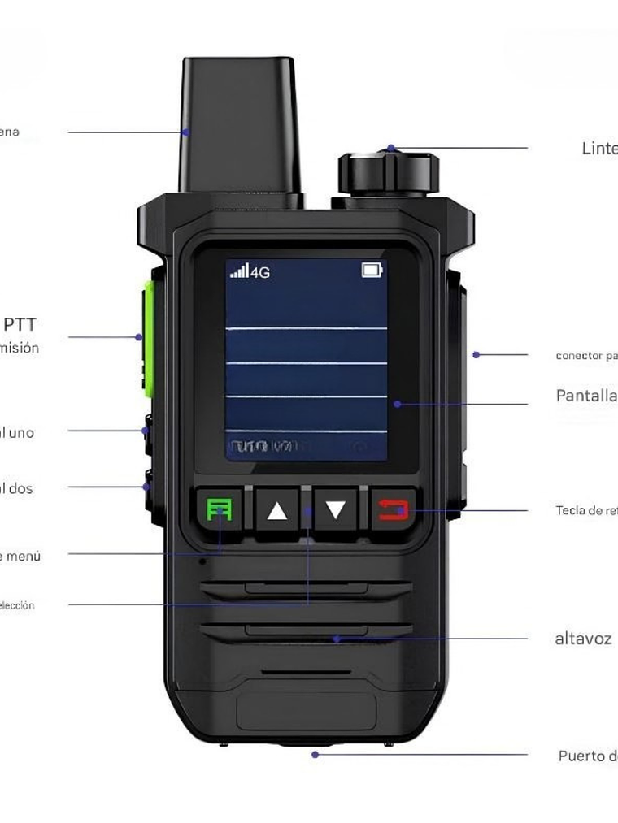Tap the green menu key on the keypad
(219, 511)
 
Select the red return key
(394, 511)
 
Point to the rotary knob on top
(389, 173)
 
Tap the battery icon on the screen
(372, 271)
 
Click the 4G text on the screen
(260, 272)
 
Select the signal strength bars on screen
(239, 271)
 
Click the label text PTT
(20, 325)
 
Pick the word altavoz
(583, 639)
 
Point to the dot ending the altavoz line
(336, 639)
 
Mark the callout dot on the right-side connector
(477, 354)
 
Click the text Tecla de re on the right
(586, 511)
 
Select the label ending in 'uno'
(17, 433)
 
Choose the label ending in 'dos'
(16, 488)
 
